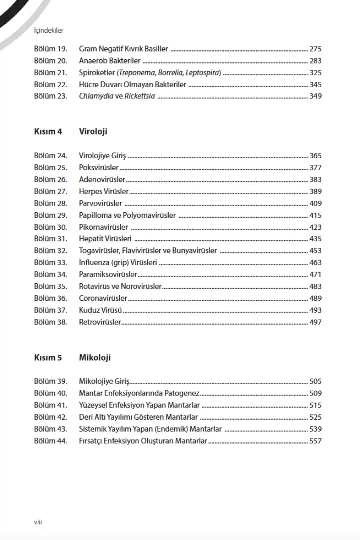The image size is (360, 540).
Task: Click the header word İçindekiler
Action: point(49,30)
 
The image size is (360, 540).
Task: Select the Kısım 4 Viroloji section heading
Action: point(70,132)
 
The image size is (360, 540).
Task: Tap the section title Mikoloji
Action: point(95,358)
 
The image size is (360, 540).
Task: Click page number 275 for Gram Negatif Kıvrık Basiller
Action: point(315,49)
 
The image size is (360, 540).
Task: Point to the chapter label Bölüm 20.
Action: point(51,61)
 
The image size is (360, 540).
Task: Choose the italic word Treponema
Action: point(136,72)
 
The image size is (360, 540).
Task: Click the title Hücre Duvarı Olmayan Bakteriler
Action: point(133,84)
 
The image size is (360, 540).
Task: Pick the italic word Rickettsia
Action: point(140,96)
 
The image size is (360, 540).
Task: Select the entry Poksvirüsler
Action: point(99,168)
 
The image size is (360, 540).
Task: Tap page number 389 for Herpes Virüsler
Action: point(315,191)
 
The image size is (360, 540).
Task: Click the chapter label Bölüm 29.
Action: point(51,215)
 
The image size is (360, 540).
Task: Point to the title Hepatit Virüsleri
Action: point(105,239)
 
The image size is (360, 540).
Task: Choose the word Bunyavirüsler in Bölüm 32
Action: point(194,251)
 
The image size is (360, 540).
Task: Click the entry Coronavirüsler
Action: point(103,298)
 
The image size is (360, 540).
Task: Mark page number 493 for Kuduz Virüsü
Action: point(315,310)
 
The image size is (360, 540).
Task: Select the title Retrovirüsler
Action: point(100,322)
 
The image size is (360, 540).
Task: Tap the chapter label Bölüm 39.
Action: point(51,381)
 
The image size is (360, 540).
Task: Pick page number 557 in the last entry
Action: point(315,441)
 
